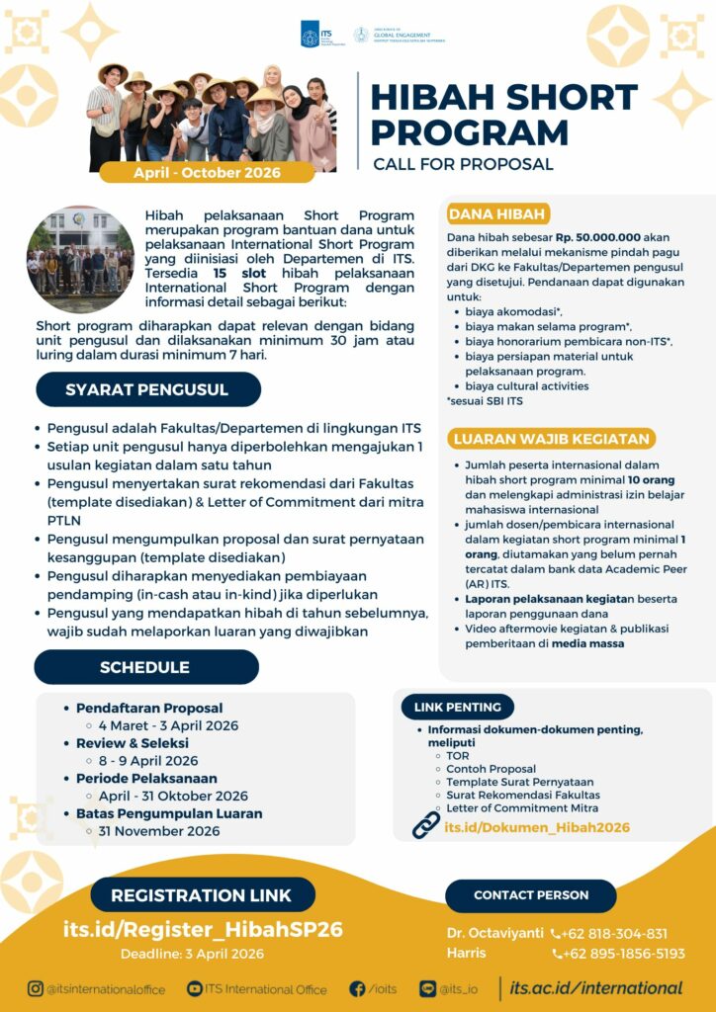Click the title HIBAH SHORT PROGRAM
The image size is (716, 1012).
coord(503,114)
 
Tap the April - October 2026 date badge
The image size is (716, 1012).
coord(207,172)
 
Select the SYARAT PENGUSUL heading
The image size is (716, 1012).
coord(147,389)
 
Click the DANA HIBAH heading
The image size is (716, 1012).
coord(497,214)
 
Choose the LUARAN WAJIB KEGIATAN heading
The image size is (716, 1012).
coord(550,439)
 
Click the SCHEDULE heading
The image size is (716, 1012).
coord(144,667)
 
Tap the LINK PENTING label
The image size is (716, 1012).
coord(457,707)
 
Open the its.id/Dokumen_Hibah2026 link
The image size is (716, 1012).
coord(537,827)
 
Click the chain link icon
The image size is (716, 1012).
coord(426,825)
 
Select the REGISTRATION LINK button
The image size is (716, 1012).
coord(201,895)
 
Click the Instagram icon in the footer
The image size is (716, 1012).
coord(36,988)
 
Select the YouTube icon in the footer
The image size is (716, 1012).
coord(195,988)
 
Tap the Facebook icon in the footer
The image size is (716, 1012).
coord(357,988)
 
